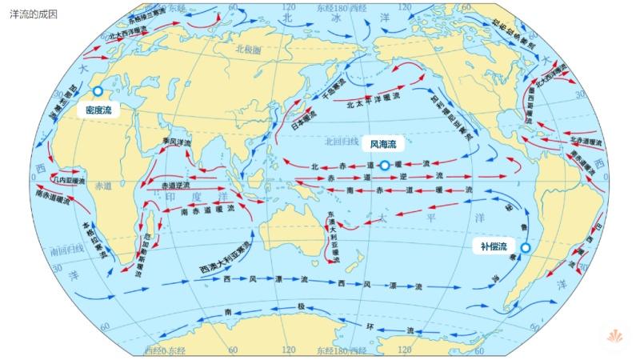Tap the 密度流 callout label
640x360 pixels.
(x=99, y=111)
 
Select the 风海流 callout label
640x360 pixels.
(x=383, y=145)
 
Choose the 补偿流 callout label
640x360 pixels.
(x=494, y=246)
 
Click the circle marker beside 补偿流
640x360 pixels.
(x=526, y=248)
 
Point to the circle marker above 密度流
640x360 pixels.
(x=98, y=91)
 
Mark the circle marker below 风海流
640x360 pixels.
(x=384, y=166)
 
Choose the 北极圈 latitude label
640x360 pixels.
(x=249, y=49)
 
